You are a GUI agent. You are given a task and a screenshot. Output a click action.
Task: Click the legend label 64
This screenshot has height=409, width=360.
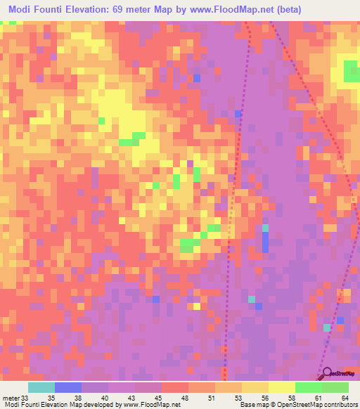(345, 397)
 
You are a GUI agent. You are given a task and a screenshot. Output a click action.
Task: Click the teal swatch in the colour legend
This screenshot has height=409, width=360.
(41, 387)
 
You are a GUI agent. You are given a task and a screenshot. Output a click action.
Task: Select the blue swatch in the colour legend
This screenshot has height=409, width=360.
(68, 387)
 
